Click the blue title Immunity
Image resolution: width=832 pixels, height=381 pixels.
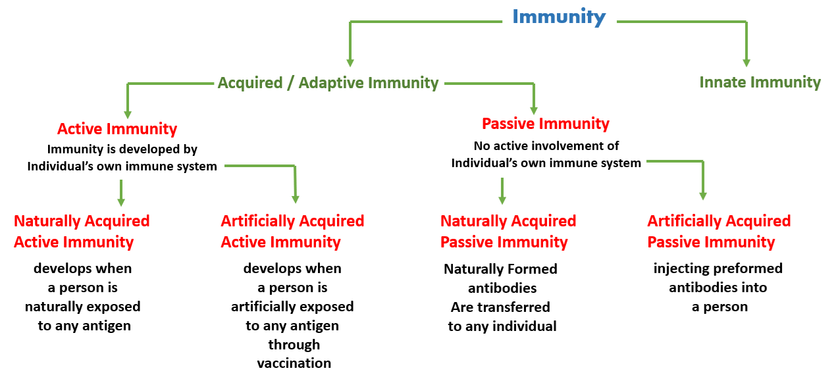(559, 16)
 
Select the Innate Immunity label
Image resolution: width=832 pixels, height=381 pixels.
(760, 82)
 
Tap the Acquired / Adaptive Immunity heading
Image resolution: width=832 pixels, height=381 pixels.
(328, 83)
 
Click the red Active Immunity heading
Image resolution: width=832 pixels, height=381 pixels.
(117, 128)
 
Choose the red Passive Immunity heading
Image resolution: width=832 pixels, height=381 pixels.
(546, 124)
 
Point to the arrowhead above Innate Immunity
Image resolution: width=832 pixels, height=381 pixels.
(746, 63)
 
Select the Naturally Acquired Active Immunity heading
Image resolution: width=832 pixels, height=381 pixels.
(82, 231)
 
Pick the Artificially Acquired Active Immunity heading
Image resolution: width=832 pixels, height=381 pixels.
(292, 231)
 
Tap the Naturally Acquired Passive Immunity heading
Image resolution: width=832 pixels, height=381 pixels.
(508, 231)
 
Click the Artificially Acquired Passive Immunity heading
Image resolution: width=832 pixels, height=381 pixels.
(719, 231)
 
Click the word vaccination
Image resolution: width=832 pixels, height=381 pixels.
(294, 363)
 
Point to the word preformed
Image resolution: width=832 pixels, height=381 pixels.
(747, 268)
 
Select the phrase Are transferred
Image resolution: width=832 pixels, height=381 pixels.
(500, 307)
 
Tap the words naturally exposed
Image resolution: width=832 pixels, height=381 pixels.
(83, 307)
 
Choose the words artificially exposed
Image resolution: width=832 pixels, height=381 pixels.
(292, 307)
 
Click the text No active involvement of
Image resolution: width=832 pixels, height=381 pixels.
(546, 145)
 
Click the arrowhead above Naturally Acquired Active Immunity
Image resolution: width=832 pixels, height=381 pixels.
(121, 202)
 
